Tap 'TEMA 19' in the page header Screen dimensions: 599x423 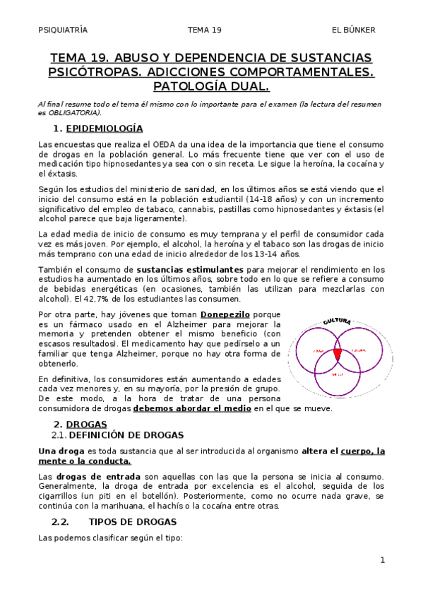(205, 30)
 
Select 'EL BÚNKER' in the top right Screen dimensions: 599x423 (355, 30)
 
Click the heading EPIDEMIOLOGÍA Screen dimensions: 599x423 (104, 129)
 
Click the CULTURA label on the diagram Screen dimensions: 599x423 (337, 322)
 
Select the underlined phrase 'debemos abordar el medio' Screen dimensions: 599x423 (193, 408)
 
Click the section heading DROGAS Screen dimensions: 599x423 (86, 425)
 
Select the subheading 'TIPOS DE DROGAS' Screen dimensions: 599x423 (132, 522)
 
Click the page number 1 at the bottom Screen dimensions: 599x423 (382, 560)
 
